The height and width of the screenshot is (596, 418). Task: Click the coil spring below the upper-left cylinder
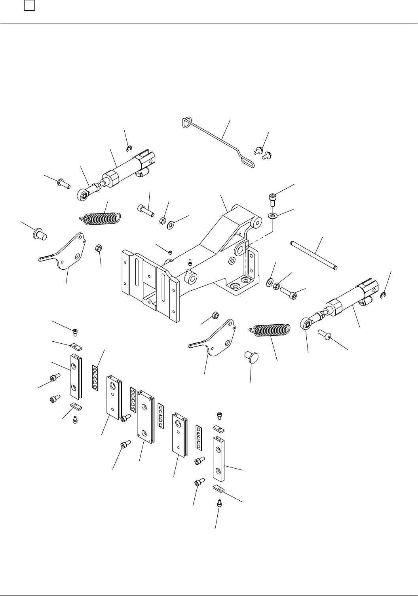pyautogui.click(x=101, y=218)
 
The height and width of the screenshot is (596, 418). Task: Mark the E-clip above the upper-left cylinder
pyautogui.click(x=128, y=149)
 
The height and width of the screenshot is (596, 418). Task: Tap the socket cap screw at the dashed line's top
pyautogui.click(x=272, y=199)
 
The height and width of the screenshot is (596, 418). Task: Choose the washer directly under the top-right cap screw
pyautogui.click(x=272, y=216)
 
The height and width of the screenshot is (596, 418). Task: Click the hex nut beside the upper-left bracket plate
pyautogui.click(x=99, y=248)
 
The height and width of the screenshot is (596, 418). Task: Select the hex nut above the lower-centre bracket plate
pyautogui.click(x=216, y=315)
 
